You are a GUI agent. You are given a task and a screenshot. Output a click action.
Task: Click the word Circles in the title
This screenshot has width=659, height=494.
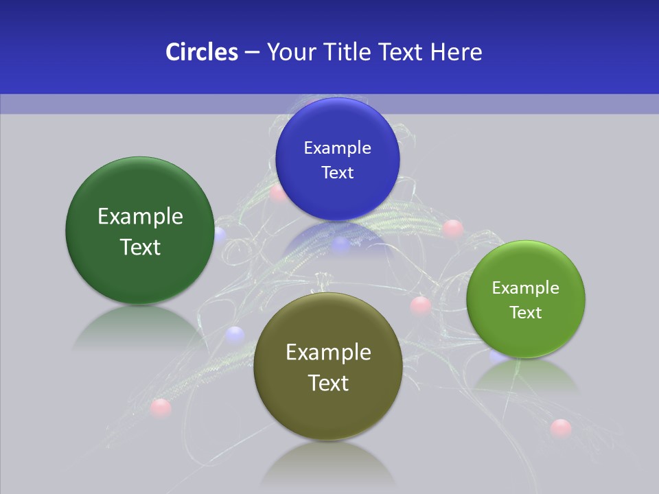pos(201,52)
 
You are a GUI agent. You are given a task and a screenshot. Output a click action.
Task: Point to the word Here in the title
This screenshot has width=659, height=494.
pos(456,52)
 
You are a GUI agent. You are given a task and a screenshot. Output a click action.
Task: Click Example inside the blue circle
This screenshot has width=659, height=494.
pos(337,148)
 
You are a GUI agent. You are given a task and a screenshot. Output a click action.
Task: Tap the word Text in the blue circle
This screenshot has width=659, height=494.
pos(337,172)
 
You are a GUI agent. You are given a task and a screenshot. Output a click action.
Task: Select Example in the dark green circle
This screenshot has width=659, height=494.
pos(140,216)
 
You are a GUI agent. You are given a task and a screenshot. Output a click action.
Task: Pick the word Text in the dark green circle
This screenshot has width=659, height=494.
pos(140,247)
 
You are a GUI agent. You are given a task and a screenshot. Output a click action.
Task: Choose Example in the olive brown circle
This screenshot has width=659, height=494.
pos(328,352)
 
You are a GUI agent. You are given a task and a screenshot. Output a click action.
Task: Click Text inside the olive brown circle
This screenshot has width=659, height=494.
pos(328,383)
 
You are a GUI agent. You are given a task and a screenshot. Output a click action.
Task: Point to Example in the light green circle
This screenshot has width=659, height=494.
pos(525,287)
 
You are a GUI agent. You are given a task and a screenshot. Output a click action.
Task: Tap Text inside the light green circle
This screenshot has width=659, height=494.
pos(525,312)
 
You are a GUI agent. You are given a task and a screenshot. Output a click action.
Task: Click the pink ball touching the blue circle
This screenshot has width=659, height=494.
pos(277,193)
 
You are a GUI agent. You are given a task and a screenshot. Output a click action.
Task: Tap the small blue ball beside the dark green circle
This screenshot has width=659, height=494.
pos(219,235)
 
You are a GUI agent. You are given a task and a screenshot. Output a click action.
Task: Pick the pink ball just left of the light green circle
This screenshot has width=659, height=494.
pos(420,305)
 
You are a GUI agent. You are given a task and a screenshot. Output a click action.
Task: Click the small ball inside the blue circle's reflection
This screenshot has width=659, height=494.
pos(340,244)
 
